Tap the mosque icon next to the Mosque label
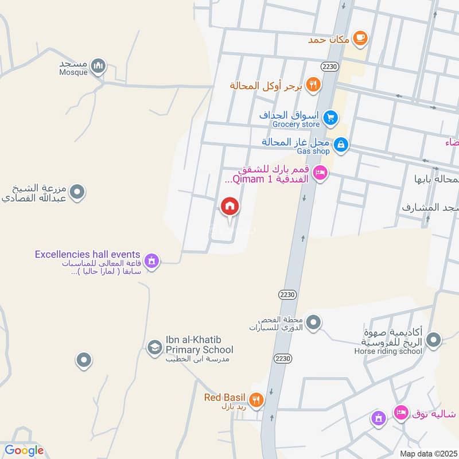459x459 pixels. coord(99,66)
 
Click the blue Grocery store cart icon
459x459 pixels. coord(330,118)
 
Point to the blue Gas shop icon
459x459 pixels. coord(341,145)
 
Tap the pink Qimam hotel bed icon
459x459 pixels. coord(320,172)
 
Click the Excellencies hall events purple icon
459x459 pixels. coord(151,261)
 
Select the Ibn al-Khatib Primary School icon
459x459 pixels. coord(154,347)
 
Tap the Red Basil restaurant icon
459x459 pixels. coord(256,399)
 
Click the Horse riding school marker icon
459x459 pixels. coord(434,341)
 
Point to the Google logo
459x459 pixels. coord(24,450)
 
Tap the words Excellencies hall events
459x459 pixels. coord(87,254)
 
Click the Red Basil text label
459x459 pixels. coord(224,398)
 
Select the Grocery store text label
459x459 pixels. coord(296,124)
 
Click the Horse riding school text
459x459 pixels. coord(388,351)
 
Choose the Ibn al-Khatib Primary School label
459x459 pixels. coord(199,345)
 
